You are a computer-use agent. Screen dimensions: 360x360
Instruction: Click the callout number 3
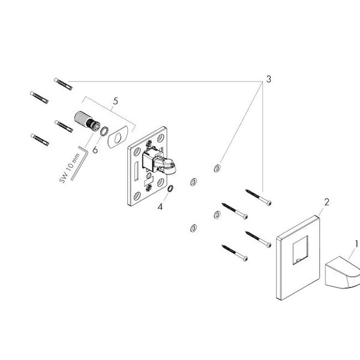click(268, 79)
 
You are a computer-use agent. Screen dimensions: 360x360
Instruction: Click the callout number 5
click(115, 101)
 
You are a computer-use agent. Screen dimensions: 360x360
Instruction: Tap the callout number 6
click(95, 150)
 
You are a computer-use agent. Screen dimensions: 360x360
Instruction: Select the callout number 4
click(160, 207)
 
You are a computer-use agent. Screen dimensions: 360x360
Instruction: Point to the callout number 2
click(326, 202)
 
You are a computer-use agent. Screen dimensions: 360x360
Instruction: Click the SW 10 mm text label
click(70, 168)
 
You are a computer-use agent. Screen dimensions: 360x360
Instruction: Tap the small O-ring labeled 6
click(104, 131)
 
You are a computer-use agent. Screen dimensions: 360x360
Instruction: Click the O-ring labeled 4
click(170, 188)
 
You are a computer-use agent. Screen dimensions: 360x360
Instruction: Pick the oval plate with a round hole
click(117, 137)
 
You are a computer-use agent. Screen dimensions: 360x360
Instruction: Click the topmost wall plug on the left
click(63, 84)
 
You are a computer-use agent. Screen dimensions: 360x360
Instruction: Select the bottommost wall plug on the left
click(40, 140)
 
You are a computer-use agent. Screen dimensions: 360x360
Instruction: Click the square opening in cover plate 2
click(300, 250)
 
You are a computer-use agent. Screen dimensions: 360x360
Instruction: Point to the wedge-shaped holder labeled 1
click(342, 272)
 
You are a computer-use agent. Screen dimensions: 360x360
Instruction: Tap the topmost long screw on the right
click(258, 197)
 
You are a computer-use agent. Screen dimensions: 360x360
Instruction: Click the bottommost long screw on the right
click(235, 253)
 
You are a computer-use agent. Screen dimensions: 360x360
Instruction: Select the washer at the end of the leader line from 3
click(217, 168)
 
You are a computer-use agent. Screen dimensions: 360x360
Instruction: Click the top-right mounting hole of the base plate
click(160, 138)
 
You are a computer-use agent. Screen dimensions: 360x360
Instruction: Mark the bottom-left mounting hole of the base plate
click(137, 196)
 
